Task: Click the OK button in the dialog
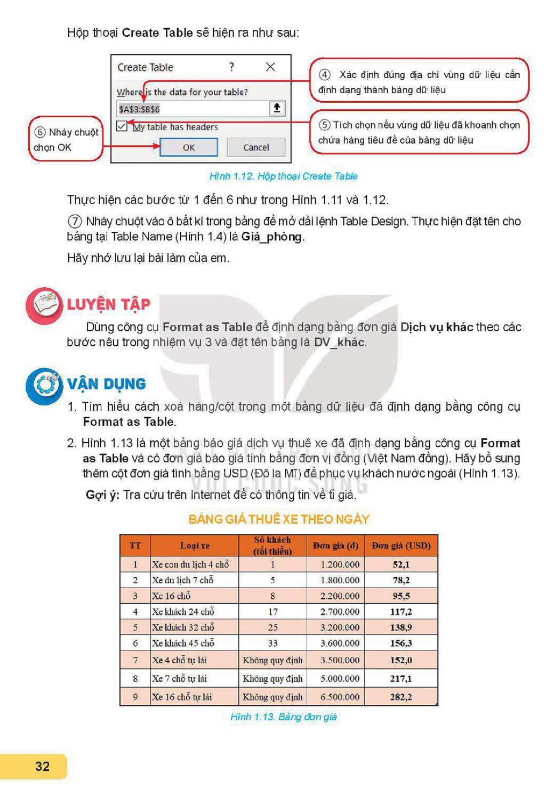click(x=189, y=147)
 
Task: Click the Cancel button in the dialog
click(x=256, y=147)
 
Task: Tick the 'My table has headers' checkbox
click(x=122, y=126)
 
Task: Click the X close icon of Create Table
click(x=270, y=67)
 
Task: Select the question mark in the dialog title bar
click(x=231, y=67)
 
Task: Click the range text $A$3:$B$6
click(x=139, y=109)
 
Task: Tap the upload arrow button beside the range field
click(x=277, y=108)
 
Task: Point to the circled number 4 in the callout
click(x=325, y=75)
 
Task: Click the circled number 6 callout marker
click(x=40, y=132)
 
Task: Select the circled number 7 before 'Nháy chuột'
click(x=74, y=221)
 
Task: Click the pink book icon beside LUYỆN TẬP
click(x=44, y=305)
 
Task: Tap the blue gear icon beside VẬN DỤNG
click(x=44, y=386)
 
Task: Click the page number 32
click(x=42, y=766)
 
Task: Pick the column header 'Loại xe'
click(x=195, y=545)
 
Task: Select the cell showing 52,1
click(x=401, y=564)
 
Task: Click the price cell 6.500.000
click(x=340, y=696)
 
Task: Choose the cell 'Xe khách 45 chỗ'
click(x=183, y=643)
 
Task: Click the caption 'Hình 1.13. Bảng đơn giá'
click(x=283, y=717)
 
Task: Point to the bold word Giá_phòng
click(x=271, y=237)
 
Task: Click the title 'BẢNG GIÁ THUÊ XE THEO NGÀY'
click(x=279, y=519)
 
